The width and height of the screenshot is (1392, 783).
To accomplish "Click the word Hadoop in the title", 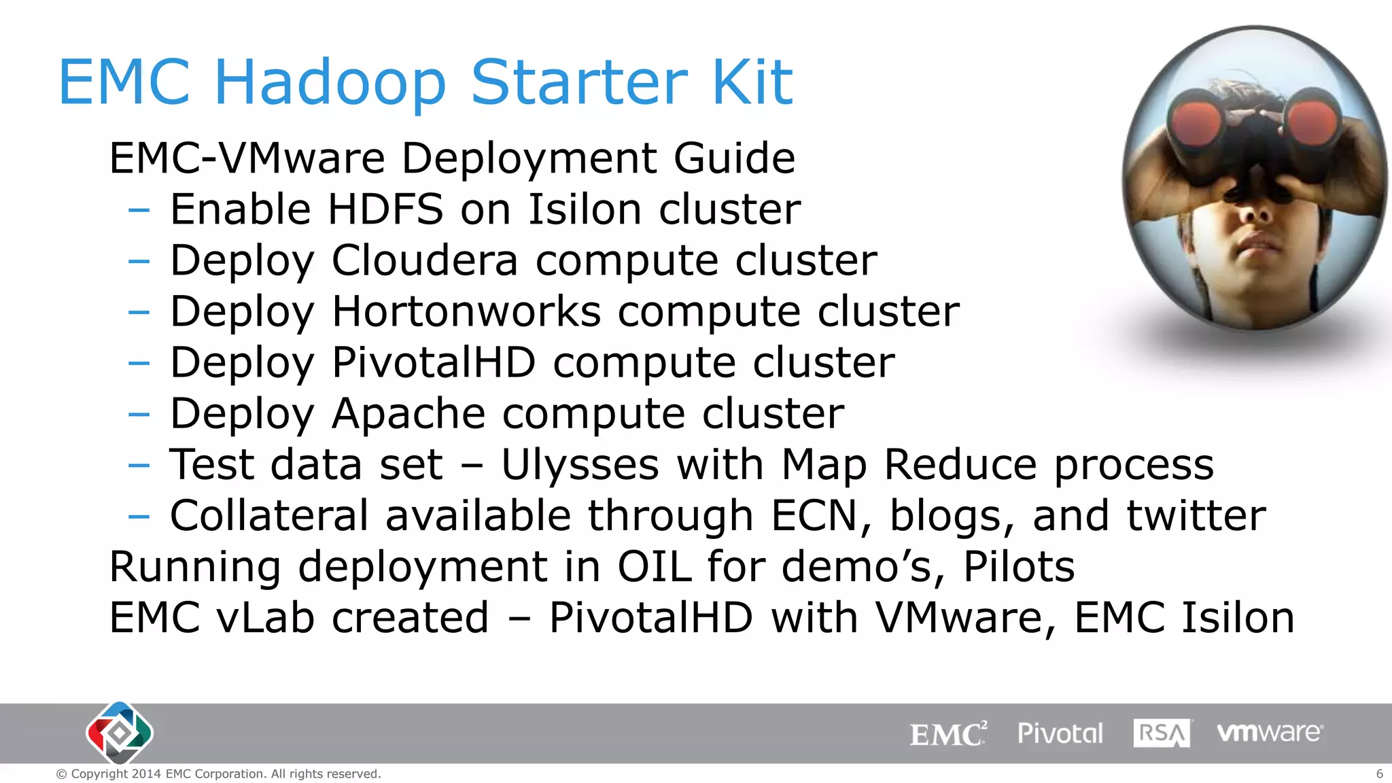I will tap(330, 83).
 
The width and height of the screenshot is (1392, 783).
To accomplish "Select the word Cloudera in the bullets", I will tap(425, 260).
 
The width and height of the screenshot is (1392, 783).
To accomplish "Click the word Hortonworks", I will tap(466, 311).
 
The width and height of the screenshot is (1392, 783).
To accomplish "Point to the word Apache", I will tap(408, 413).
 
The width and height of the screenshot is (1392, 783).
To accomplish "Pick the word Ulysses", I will tap(580, 465).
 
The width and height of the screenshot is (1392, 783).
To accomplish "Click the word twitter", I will tap(1196, 515).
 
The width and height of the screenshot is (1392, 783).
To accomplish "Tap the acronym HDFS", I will tap(385, 209).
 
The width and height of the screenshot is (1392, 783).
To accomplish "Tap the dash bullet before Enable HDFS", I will tap(139, 210).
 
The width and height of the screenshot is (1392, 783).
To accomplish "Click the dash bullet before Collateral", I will tap(139, 517).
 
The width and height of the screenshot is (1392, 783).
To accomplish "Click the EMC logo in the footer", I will tap(948, 734).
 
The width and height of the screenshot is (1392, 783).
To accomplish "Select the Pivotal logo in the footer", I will tap(1060, 733).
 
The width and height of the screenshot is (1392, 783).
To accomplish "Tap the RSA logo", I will tap(1162, 733).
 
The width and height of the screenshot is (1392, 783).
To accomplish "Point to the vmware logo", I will tap(1269, 733).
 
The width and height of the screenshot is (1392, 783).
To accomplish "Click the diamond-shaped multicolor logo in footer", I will tap(120, 733).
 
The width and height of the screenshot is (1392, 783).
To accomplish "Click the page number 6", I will tap(1379, 773).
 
